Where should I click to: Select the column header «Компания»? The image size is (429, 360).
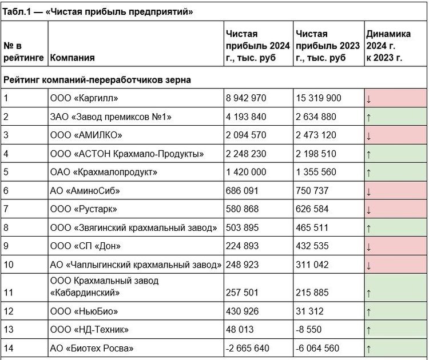tap(72, 58)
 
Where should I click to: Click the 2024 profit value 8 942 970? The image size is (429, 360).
tap(246, 98)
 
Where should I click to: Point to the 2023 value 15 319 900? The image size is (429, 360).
tap(319, 98)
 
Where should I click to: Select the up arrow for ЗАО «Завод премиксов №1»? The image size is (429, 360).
tap(369, 118)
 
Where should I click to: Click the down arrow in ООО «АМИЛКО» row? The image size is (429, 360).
tap(369, 137)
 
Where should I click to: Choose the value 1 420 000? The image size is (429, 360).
tap(246, 173)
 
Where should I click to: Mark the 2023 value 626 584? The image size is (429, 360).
tap(313, 210)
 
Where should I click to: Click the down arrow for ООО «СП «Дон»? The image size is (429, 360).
tap(369, 247)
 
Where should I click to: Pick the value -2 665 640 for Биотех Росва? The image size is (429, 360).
tap(249, 349)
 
